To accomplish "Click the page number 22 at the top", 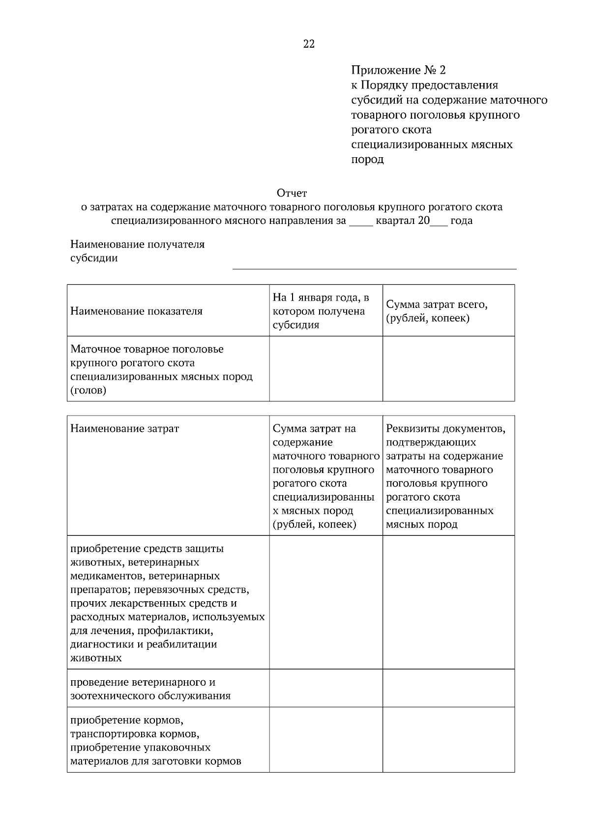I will pos(309,44).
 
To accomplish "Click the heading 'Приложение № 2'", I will pos(399,70).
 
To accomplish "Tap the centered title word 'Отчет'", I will pos(292,193).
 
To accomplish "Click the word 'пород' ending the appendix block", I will pos(367,159).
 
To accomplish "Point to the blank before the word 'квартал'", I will pos(361,222).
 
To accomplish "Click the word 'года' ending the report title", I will pos(461,221).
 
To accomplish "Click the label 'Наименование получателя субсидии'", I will pos(137,250).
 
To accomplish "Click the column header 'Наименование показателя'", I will pos(136,311).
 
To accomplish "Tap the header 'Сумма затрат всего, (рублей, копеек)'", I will pos(437,311).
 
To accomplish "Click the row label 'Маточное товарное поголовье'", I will pos(147,349).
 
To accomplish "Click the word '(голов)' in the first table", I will pos(88,390).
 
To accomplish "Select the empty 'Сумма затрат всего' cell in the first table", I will pos(448,368).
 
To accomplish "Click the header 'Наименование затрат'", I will pos(124,428).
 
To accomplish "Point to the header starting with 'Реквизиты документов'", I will pos(445,428).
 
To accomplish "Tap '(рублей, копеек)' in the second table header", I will pos(314,524).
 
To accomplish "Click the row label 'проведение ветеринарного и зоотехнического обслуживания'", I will pos(150,689).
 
